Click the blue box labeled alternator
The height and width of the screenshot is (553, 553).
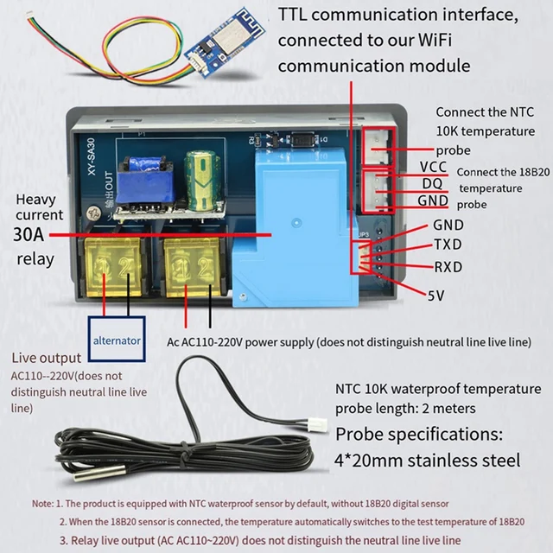[117, 340]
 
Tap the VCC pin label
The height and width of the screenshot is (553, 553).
[433, 167]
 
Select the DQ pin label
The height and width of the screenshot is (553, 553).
[434, 184]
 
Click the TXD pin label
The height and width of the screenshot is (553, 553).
[448, 245]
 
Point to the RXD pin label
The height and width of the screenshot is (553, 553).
[448, 267]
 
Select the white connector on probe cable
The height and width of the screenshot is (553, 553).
[315, 425]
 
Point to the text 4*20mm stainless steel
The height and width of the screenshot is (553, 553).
[427, 459]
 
